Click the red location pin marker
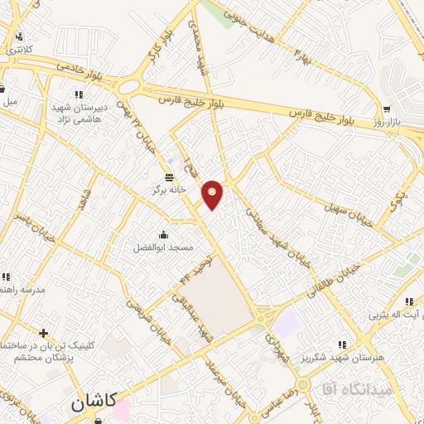pos(214,195)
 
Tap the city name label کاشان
pos(89,404)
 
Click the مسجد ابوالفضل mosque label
pos(164,248)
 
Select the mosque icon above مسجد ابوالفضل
pos(163,234)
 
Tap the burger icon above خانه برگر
pos(170,177)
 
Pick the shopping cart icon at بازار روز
pos(387,109)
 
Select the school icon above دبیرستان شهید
pos(79,94)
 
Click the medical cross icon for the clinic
pos(44,333)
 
